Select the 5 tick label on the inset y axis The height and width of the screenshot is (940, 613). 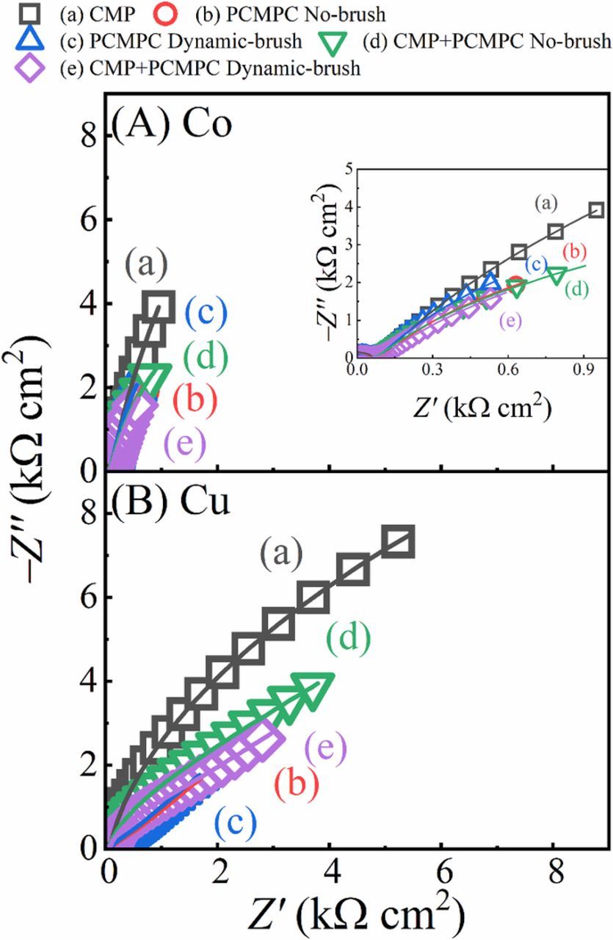pyautogui.click(x=345, y=168)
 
